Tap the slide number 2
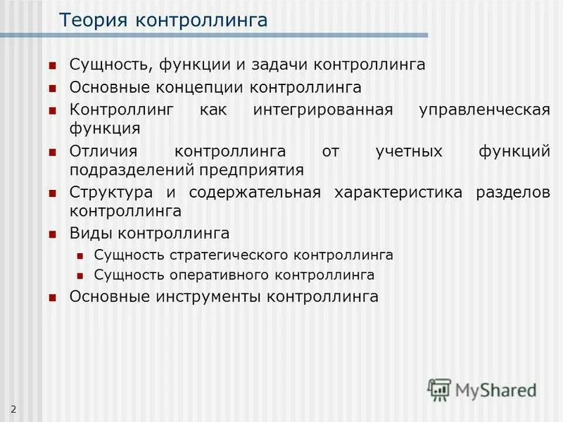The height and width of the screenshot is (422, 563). click(x=13, y=409)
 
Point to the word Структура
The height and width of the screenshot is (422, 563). click(x=109, y=193)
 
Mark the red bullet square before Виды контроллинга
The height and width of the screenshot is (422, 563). click(x=52, y=234)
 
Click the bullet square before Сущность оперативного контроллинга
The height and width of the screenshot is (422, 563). click(x=80, y=276)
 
